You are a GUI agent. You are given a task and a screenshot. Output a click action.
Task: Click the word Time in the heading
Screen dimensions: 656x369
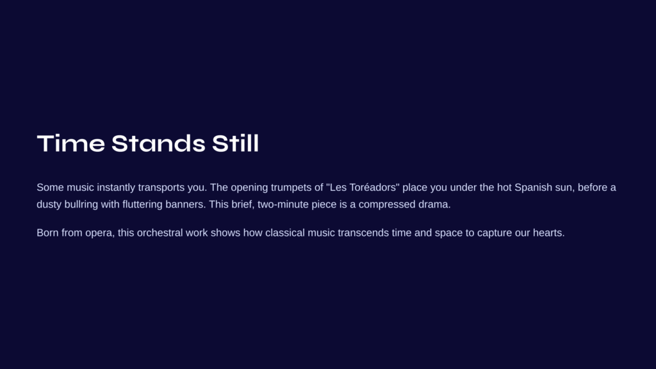click(x=70, y=143)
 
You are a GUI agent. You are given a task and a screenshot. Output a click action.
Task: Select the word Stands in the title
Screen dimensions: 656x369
click(x=158, y=143)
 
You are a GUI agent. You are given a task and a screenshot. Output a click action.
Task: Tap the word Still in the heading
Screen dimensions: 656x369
click(x=236, y=143)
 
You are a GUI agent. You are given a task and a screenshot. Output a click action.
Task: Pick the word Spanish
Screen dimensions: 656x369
click(x=533, y=188)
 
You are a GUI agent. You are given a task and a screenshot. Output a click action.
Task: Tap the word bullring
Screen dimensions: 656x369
click(x=81, y=204)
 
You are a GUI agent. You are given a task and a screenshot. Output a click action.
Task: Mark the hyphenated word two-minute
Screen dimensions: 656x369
click(x=283, y=204)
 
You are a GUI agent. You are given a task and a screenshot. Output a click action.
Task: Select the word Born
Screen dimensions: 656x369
click(x=47, y=233)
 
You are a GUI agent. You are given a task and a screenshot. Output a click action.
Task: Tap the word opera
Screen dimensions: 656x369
click(x=99, y=233)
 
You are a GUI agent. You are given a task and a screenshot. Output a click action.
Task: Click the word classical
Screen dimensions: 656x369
click(x=285, y=233)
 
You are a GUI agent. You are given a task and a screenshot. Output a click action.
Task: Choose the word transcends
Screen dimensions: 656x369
click(x=363, y=233)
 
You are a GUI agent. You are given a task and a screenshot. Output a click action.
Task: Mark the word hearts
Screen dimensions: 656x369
click(x=548, y=233)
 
